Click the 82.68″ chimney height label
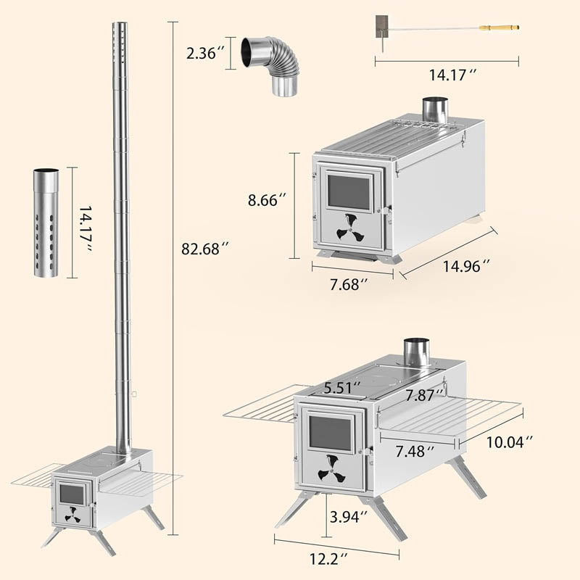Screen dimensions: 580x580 pos(205,249)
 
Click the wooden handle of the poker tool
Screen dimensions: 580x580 pos(500,28)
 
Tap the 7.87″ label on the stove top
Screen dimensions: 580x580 pos(423,395)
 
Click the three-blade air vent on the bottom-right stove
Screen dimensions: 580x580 pos(333,470)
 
